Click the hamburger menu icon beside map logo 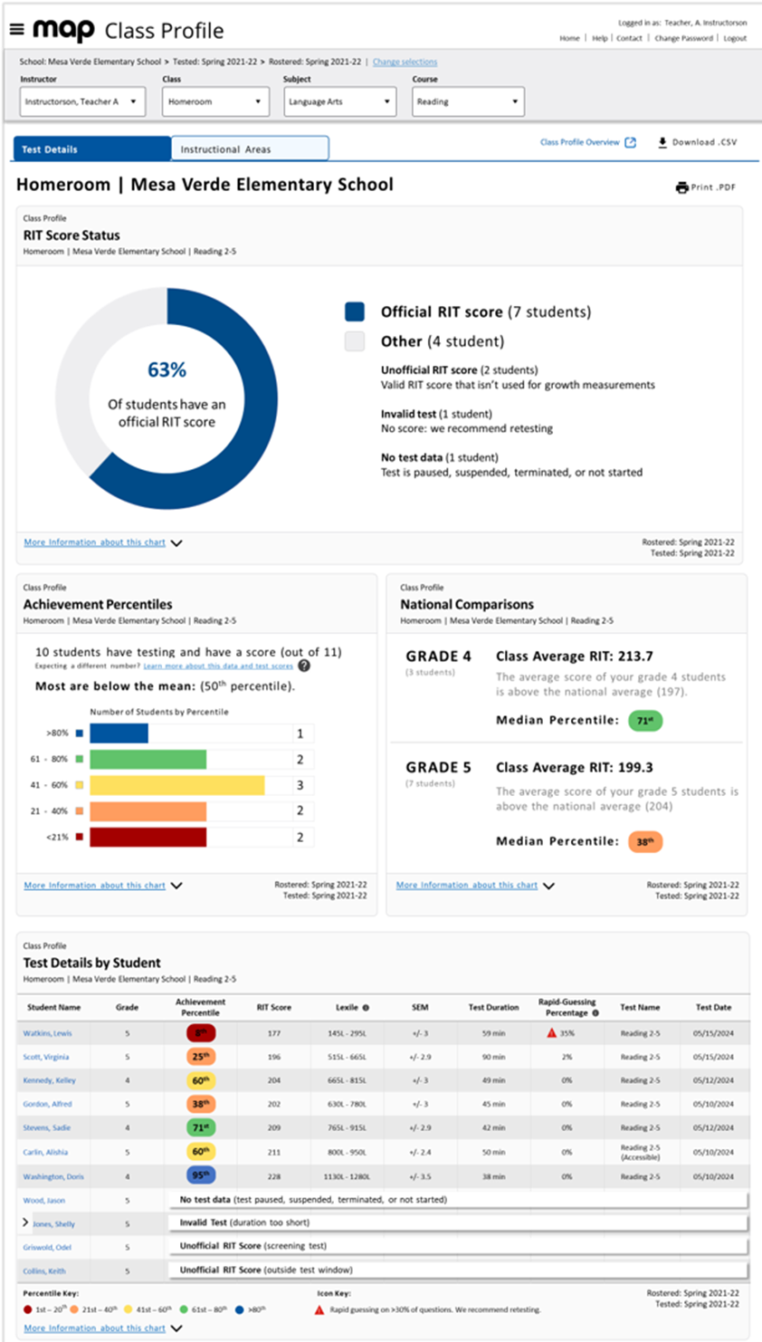coord(16,29)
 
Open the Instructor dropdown coord(81,101)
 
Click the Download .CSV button coord(697,142)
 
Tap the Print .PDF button coord(706,187)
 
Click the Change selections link coord(405,62)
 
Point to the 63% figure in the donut coord(167,369)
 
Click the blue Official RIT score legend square coord(355,312)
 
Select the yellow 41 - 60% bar coord(176,785)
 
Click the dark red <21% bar coord(148,838)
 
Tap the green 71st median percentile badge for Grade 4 coord(644,721)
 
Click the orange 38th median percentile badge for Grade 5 coord(644,841)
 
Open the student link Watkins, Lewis coord(48,1033)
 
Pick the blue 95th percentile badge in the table coord(200,1176)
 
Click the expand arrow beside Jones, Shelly coord(25,1222)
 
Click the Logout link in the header coord(735,38)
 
